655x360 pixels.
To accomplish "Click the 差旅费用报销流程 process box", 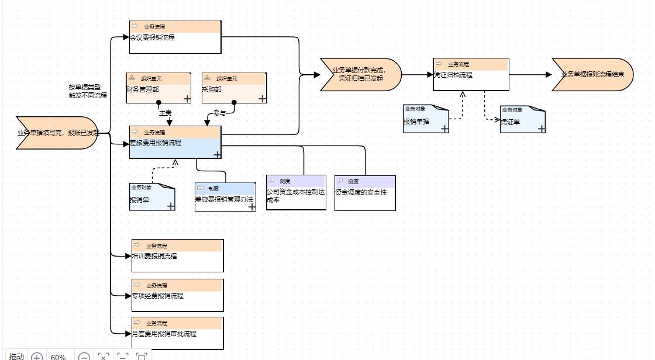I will click(x=175, y=143).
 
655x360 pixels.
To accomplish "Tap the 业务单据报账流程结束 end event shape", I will click(x=592, y=75).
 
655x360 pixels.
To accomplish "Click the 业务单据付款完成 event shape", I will click(x=360, y=75).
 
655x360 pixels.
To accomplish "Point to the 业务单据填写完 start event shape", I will click(x=57, y=133).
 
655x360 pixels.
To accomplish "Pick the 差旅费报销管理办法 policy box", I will click(x=225, y=197).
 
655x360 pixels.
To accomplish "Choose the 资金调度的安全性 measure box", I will click(x=364, y=193).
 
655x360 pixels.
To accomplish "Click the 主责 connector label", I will click(x=165, y=112).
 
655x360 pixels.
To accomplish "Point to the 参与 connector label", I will click(x=219, y=113).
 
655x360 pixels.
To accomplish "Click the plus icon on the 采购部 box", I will click(x=262, y=99).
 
